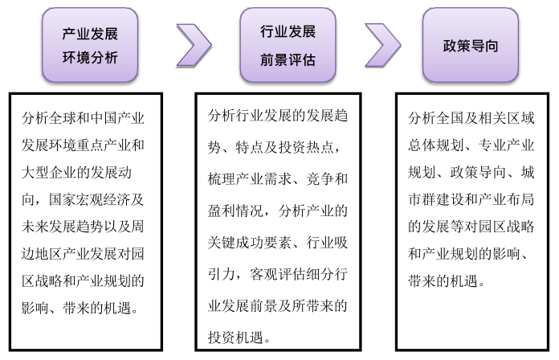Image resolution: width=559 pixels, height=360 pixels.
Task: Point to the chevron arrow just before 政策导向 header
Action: [x=382, y=45]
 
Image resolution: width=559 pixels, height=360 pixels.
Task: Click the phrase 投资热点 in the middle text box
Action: [x=314, y=145]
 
